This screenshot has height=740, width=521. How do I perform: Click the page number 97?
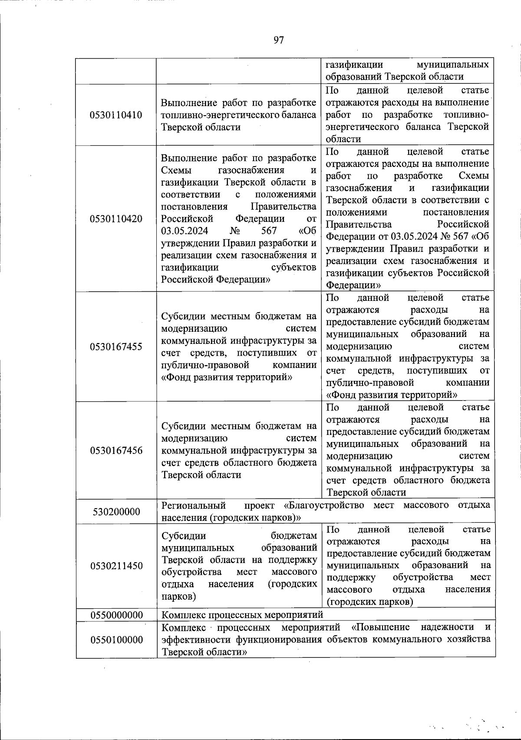(x=278, y=40)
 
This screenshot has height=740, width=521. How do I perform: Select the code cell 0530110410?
(x=116, y=115)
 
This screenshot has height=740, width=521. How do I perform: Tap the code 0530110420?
(x=116, y=219)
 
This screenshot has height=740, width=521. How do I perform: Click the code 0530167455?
(x=116, y=347)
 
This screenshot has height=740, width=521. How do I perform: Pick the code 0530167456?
(x=116, y=450)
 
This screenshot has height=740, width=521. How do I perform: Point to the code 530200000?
(x=116, y=512)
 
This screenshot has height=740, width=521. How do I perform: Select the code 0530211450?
(x=116, y=566)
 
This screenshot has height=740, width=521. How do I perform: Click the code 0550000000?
(x=116, y=615)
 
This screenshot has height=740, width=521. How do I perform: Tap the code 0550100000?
(x=116, y=640)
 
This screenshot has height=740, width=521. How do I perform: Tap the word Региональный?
(x=194, y=506)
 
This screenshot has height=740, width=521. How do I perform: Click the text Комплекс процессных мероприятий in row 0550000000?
(x=242, y=615)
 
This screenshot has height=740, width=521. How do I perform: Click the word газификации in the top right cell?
(x=354, y=64)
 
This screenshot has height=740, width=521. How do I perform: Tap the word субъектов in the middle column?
(x=293, y=267)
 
